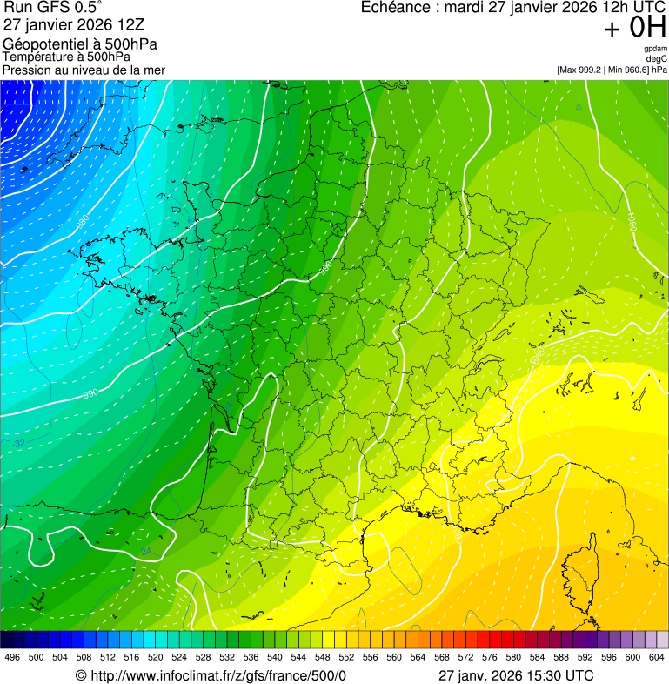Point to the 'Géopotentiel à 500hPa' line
click(80, 44)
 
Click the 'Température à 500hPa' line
click(68, 57)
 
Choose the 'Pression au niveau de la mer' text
click(84, 70)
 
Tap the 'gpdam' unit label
click(655, 49)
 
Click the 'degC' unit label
click(656, 58)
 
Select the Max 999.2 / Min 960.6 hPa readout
click(612, 69)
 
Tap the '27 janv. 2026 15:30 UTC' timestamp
click(515, 676)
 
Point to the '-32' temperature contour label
click(18, 444)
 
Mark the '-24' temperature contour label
click(145, 551)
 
